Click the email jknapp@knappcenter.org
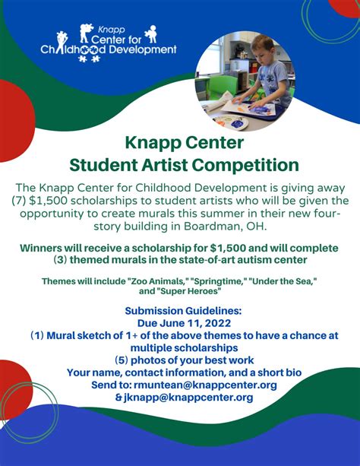click(x=186, y=397)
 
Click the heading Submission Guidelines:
click(x=180, y=309)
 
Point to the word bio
click(x=285, y=372)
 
